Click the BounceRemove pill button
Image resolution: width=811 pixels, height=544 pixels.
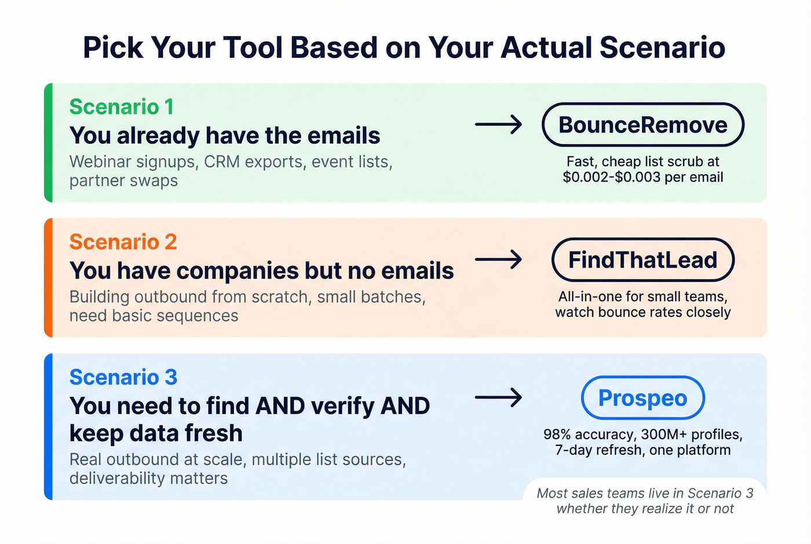642,125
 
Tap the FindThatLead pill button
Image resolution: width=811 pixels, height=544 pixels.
642,260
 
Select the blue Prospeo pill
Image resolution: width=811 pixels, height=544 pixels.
642,398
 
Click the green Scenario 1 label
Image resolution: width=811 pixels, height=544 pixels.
121,107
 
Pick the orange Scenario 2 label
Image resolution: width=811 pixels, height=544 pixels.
123,242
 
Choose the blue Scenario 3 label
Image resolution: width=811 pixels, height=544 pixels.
123,377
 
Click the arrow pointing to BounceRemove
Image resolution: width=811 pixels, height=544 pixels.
498,125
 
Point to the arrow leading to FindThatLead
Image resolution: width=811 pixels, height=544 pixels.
498,260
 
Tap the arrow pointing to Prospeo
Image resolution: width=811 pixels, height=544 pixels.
498,398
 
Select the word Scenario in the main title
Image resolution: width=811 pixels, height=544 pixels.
662,48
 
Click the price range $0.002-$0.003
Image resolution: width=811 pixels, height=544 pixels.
612,177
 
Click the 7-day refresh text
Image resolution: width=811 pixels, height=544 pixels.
597,450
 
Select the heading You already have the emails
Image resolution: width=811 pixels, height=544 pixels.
225,136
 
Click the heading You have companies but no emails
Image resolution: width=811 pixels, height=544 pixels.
261,271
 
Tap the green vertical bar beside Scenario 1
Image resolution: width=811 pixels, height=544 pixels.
49,143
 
